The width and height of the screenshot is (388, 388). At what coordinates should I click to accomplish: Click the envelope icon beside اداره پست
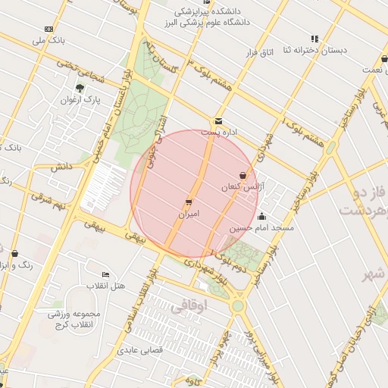coord(218,121)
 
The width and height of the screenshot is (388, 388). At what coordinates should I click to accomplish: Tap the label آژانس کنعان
coord(240,186)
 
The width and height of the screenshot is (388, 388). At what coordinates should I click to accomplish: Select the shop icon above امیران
coord(188,202)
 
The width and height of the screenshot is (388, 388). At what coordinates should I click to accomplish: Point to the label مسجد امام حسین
coord(261,227)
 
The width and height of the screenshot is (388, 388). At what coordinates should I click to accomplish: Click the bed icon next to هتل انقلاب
coord(105,274)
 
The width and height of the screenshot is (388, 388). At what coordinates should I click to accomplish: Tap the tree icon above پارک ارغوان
coord(80,88)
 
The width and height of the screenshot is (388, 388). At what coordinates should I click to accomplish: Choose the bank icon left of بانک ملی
coord(48,29)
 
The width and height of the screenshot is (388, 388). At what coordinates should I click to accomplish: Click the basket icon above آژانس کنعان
coord(242,175)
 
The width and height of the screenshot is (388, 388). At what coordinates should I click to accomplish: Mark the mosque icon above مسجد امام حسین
coord(262,216)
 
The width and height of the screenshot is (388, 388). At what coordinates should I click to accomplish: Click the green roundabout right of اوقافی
coord(239,306)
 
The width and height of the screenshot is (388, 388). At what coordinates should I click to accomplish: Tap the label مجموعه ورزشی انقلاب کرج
coord(68,319)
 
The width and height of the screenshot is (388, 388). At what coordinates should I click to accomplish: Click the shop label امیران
coord(188,214)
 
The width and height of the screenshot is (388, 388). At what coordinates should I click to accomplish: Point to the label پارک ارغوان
coord(80,100)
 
